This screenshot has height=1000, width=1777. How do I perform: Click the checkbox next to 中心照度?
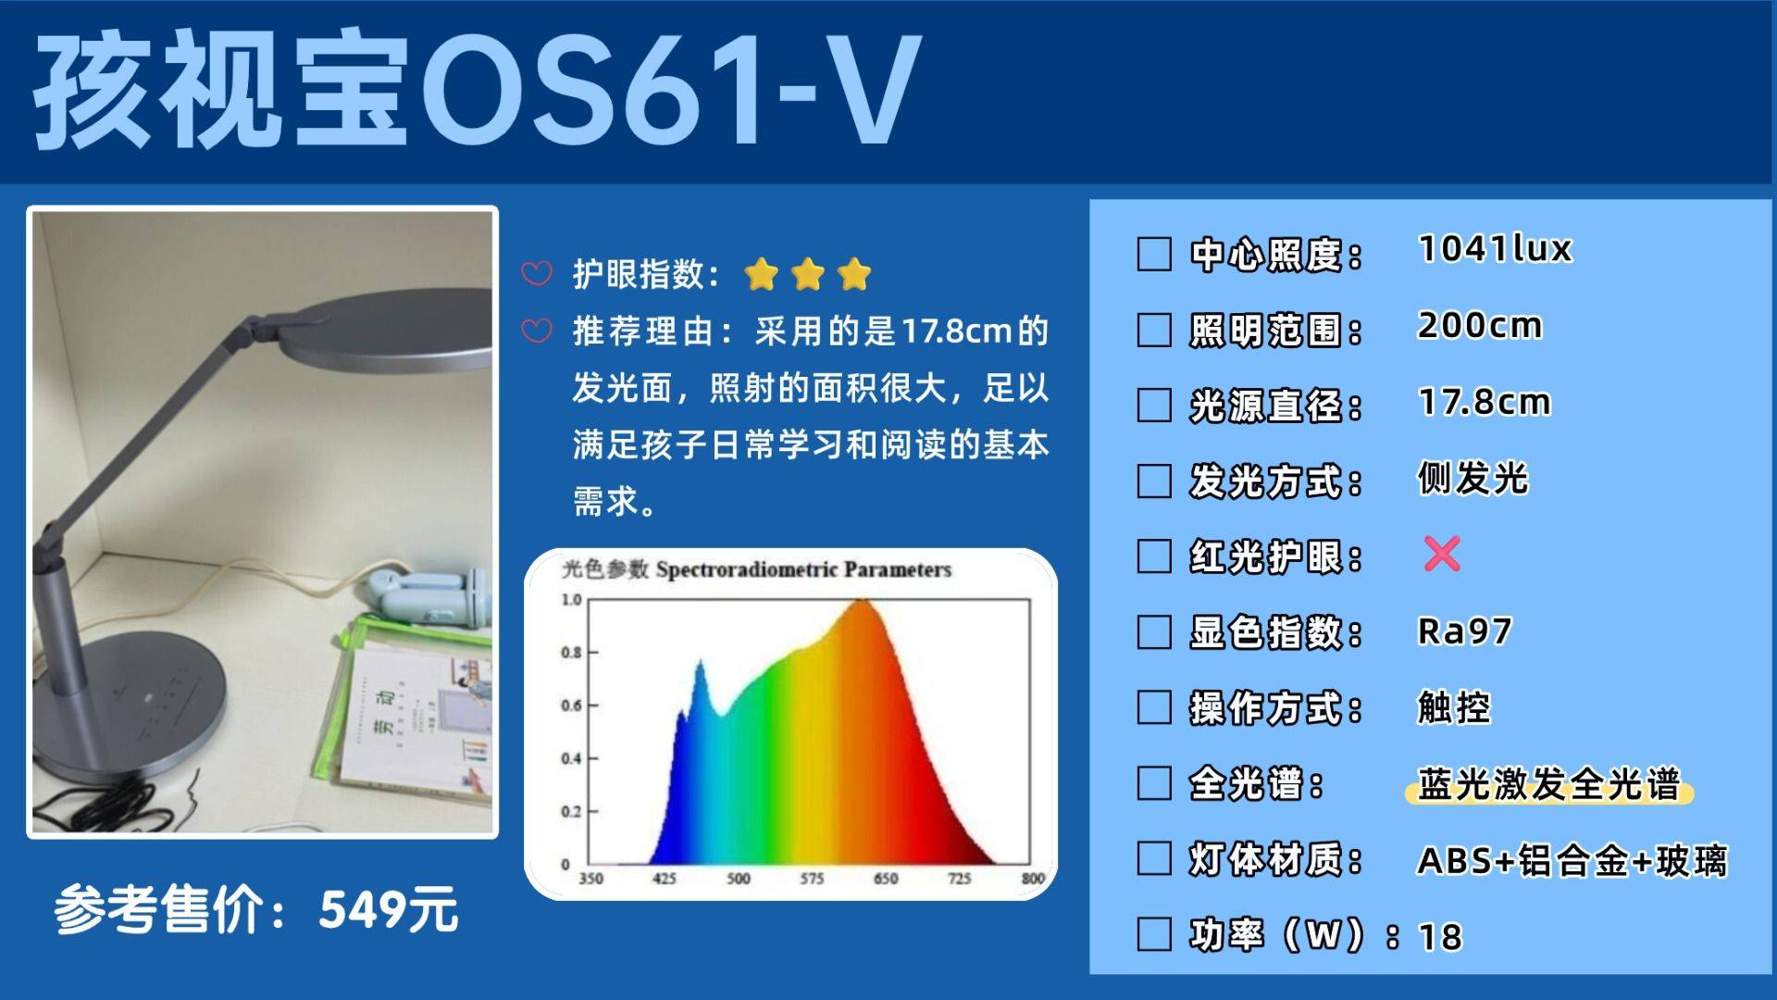[x=1154, y=254]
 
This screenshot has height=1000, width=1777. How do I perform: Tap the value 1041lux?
[x=1495, y=248]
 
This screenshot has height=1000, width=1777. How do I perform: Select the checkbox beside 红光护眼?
[x=1154, y=556]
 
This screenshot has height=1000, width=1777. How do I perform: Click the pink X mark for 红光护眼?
[x=1441, y=554]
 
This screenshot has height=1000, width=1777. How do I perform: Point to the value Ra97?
[x=1464, y=631]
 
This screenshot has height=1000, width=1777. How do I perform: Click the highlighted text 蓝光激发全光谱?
[x=1548, y=784]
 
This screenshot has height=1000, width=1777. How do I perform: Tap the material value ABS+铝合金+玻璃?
[x=1572, y=860]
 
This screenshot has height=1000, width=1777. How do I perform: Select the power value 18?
[x=1440, y=937]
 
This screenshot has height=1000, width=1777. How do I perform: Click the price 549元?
[x=389, y=909]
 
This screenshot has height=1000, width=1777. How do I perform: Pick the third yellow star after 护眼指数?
[x=853, y=274]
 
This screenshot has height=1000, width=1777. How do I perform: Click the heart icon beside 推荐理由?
[x=537, y=331]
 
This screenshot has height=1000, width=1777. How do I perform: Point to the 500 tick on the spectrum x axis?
[x=738, y=878]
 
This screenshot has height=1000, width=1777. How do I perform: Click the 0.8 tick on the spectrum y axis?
[x=571, y=653]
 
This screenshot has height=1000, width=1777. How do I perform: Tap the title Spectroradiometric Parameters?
[x=803, y=569]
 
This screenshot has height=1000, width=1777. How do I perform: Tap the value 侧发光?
[x=1473, y=479]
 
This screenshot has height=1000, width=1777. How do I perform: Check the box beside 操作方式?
[x=1154, y=707]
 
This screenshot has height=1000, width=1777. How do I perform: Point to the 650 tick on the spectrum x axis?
[x=886, y=878]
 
